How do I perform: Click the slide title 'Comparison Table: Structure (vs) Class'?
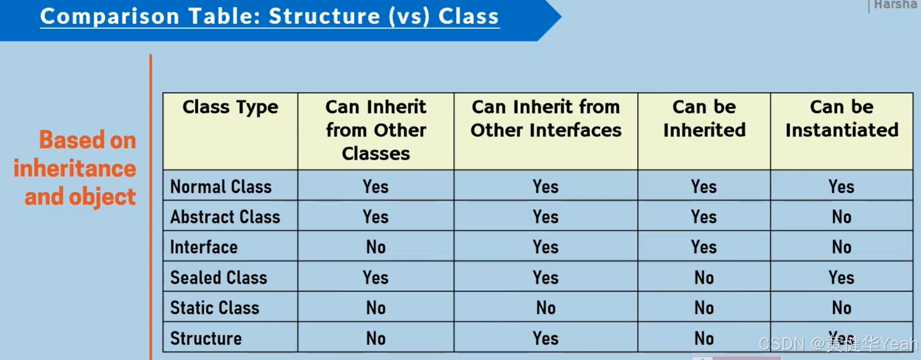click(x=269, y=16)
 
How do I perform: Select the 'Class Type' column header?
click(x=230, y=107)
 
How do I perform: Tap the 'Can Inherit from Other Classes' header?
click(x=376, y=130)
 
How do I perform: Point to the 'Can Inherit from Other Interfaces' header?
click(x=546, y=118)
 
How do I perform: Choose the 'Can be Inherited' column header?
click(x=704, y=118)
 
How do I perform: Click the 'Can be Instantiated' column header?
click(x=842, y=118)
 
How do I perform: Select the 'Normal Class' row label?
click(x=221, y=187)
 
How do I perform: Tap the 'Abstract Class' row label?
click(x=225, y=217)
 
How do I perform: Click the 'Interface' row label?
click(x=204, y=247)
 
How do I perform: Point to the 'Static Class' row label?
click(x=215, y=308)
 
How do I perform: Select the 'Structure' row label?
click(x=206, y=338)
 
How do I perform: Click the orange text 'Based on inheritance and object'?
click(x=76, y=168)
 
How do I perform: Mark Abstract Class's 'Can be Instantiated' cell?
click(x=842, y=217)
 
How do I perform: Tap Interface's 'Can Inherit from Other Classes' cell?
click(x=376, y=247)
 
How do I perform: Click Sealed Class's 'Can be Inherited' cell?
click(x=704, y=278)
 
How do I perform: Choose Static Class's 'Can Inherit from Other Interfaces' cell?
click(x=546, y=308)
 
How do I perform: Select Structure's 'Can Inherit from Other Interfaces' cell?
click(x=546, y=338)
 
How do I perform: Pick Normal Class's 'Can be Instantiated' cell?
click(x=842, y=187)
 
